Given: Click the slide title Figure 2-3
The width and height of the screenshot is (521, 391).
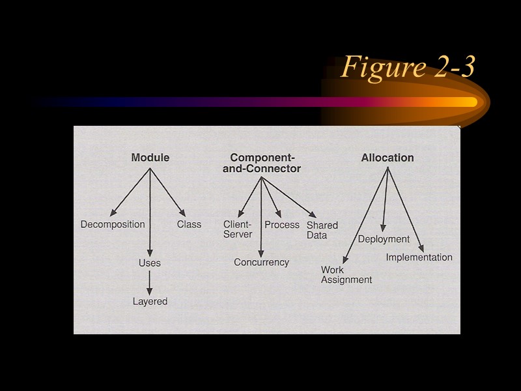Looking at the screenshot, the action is (x=408, y=67).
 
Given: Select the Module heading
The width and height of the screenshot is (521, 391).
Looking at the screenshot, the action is (x=150, y=158).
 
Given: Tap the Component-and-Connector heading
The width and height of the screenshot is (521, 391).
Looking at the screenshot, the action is (x=265, y=163).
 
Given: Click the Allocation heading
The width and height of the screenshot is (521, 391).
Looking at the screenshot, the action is (x=387, y=158).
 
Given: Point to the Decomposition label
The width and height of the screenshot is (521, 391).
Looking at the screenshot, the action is (x=113, y=224).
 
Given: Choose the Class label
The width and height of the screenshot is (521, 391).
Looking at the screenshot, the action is (x=189, y=224).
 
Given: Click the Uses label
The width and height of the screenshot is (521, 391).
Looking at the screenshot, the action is (x=150, y=263).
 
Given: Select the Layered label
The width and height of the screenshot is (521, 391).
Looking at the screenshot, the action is (x=150, y=301).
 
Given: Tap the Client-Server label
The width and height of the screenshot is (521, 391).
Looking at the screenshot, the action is (x=238, y=229).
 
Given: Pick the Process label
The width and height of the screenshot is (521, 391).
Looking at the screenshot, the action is (x=282, y=225).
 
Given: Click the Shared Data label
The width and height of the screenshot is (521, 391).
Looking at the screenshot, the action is (x=322, y=230).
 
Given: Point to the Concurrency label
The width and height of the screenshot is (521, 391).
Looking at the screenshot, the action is (x=261, y=262).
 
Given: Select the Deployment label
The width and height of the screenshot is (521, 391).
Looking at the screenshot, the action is (x=384, y=239).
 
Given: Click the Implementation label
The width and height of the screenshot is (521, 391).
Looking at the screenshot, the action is (x=419, y=257).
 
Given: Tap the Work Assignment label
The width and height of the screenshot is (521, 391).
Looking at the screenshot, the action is (x=346, y=274).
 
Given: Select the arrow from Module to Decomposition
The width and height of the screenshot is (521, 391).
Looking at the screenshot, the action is (x=130, y=192).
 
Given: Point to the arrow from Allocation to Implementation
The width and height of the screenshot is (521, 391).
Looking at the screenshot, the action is (x=405, y=210).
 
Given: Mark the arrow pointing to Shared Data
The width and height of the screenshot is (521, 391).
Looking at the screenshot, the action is (x=289, y=197).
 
